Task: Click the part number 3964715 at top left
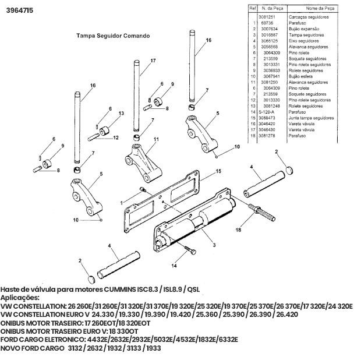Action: [x=20, y=10]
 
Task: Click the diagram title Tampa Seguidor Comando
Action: [x=112, y=36]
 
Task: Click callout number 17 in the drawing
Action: [x=153, y=61]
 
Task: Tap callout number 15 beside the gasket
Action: [x=219, y=171]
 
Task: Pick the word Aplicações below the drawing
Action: [x=20, y=298]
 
